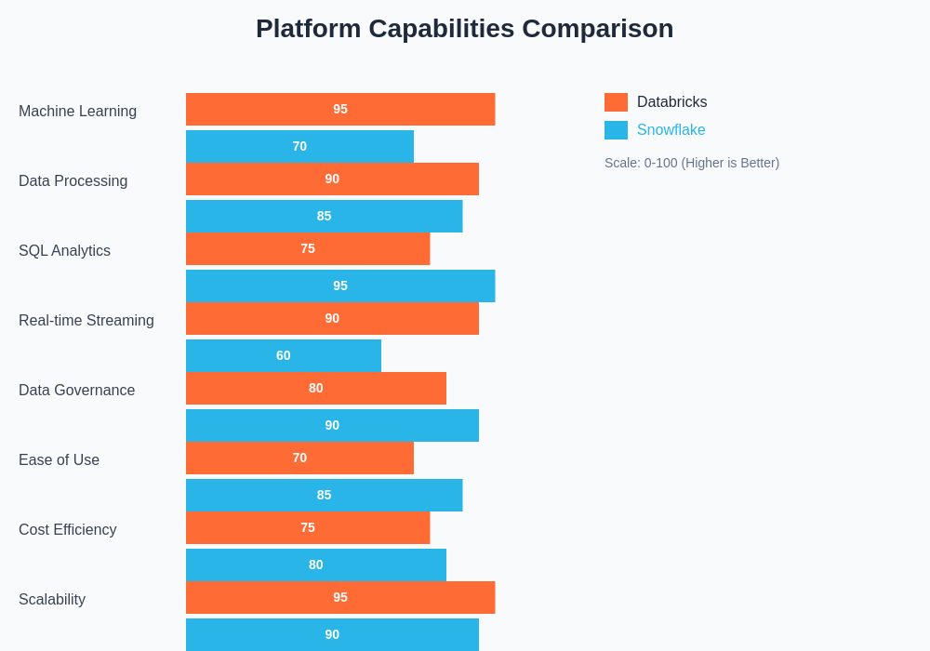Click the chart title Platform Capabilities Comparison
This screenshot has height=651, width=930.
point(464,29)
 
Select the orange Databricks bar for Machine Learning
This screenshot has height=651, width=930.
point(340,109)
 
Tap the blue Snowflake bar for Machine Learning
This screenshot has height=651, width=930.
point(299,146)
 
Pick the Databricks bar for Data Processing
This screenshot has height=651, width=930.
point(332,179)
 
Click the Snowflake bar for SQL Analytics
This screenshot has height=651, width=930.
point(340,286)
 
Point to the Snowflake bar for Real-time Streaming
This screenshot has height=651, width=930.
point(284,355)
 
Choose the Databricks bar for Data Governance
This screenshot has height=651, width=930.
point(316,388)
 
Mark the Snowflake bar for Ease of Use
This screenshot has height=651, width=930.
point(324,495)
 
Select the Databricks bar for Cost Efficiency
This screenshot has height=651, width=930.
point(308,527)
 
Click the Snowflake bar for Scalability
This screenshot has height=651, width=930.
point(332,634)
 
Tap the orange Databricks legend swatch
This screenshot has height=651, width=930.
point(616,102)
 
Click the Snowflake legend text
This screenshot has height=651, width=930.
point(671,130)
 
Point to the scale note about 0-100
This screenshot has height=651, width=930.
point(692,163)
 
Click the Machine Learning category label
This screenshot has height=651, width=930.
point(77,112)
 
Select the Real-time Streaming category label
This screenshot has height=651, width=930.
point(86,321)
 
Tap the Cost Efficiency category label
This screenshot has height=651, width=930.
point(68,530)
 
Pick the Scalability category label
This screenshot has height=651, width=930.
point(52,600)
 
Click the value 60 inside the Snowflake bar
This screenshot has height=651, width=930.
point(284,355)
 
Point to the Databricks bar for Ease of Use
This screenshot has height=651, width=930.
point(299,458)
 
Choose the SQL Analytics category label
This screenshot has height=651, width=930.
point(64,251)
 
